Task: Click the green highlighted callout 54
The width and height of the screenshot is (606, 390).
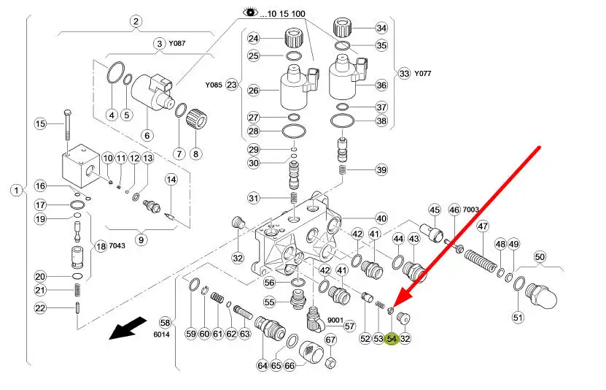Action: (392, 338)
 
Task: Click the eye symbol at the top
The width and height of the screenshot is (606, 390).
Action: (251, 12)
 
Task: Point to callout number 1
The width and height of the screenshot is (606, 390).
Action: (16, 190)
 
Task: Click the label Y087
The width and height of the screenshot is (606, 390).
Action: (177, 44)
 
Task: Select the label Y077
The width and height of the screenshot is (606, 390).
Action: (424, 73)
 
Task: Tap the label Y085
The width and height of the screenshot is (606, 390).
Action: (213, 85)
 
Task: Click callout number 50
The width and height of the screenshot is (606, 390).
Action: (540, 256)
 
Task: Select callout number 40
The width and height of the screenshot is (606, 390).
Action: (381, 218)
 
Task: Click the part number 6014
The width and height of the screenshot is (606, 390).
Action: (162, 334)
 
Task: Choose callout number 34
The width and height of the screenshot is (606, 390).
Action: (381, 28)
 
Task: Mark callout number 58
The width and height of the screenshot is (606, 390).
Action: (165, 322)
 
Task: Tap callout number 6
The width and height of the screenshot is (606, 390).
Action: (147, 134)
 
